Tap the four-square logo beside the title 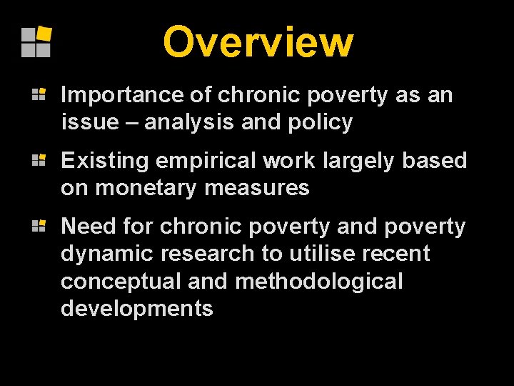click(36, 41)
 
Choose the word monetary click(139, 188)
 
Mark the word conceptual click(121, 282)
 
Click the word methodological click(319, 282)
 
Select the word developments click(137, 309)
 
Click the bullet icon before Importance click(39, 94)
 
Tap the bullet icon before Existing click(39, 159)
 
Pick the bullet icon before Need click(39, 225)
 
